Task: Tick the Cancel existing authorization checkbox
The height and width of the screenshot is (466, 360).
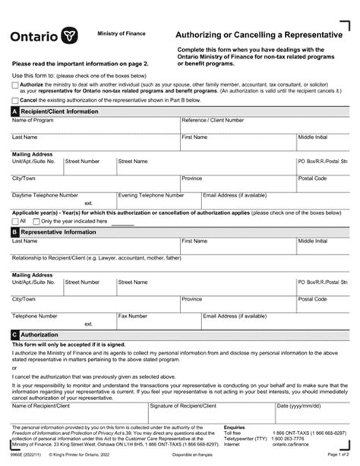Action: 16,99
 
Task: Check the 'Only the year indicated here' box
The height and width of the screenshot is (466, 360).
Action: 36,221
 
